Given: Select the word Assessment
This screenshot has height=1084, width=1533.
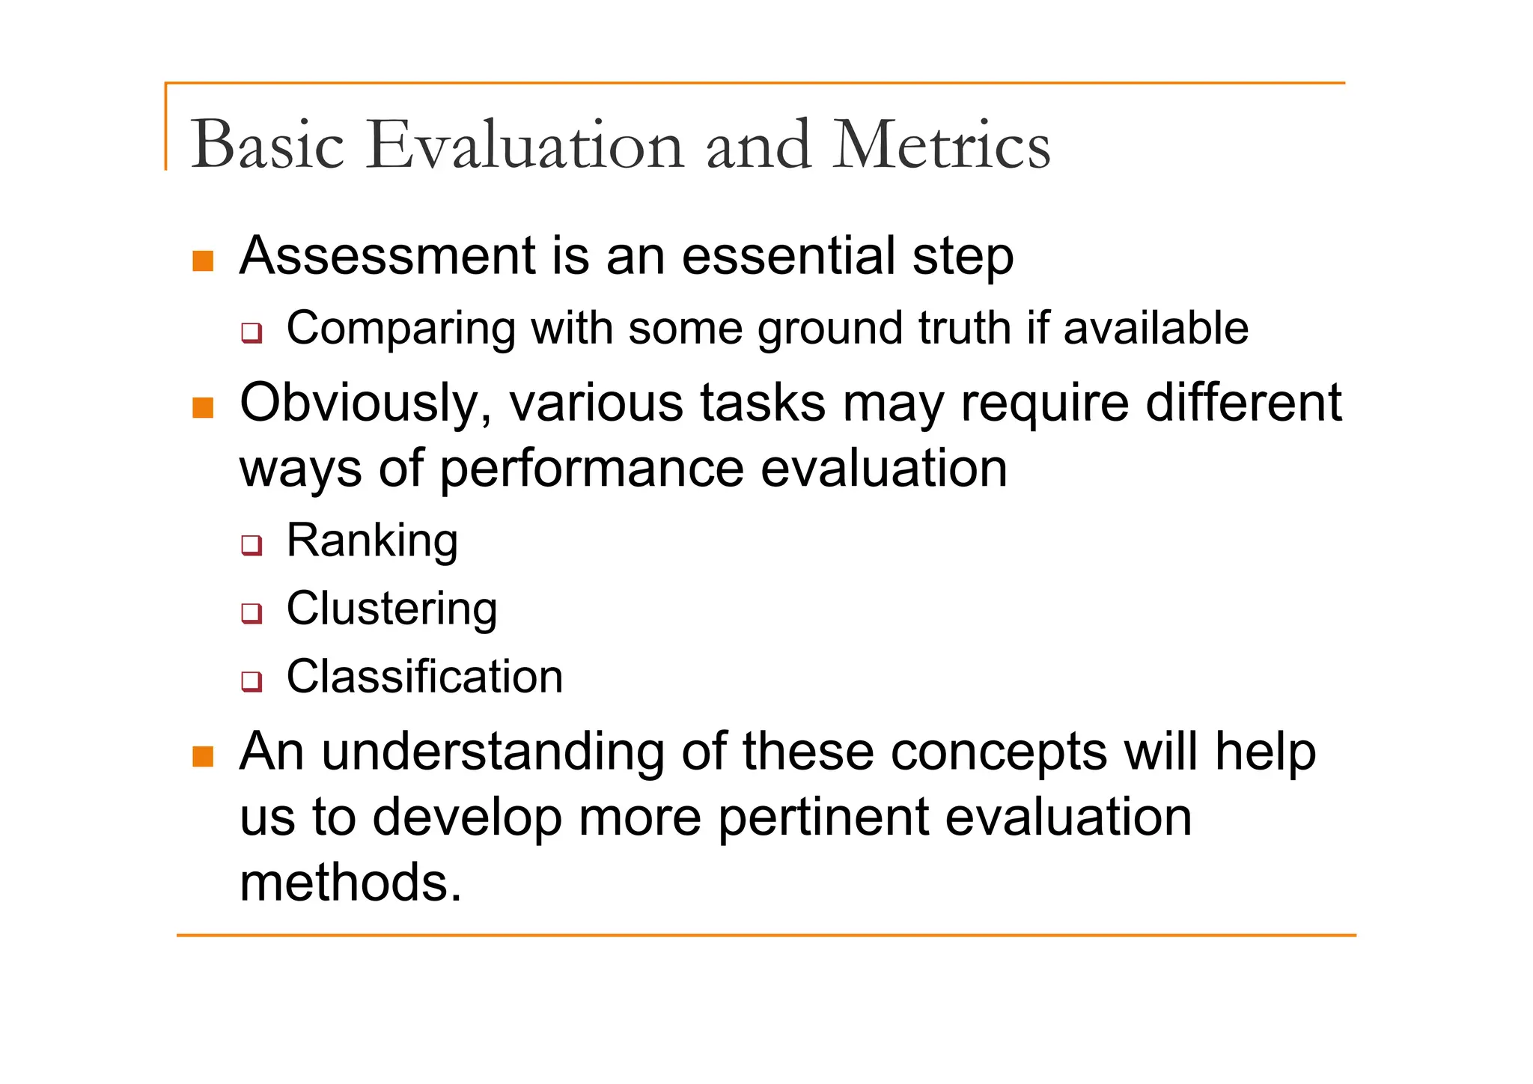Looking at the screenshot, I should click(387, 256).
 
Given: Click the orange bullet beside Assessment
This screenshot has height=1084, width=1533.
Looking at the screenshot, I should click(203, 261).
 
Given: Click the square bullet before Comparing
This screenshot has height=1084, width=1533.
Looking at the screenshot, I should click(252, 332).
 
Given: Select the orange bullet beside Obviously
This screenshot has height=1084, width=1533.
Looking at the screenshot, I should click(203, 408).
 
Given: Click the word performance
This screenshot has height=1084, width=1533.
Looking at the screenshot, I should click(591, 469).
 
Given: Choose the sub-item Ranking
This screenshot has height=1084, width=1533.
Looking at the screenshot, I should click(372, 540).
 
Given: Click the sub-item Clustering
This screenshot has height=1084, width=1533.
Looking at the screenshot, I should click(391, 608).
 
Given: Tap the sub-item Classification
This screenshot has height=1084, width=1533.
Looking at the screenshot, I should click(424, 677).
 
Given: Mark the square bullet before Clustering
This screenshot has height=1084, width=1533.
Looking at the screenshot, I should click(252, 612).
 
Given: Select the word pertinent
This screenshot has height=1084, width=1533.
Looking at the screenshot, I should click(823, 817).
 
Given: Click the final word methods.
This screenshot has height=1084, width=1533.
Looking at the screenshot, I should click(350, 883).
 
